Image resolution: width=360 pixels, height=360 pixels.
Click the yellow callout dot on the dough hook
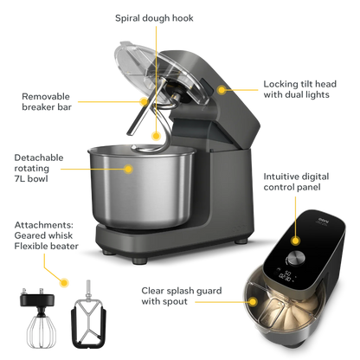[157, 133]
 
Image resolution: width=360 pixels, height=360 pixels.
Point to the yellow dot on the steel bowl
[129, 169]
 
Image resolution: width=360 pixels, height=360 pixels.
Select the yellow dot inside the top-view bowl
[253, 298]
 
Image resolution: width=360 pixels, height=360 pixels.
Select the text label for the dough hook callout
[154, 16]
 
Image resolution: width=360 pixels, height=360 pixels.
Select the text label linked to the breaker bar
[40, 100]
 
